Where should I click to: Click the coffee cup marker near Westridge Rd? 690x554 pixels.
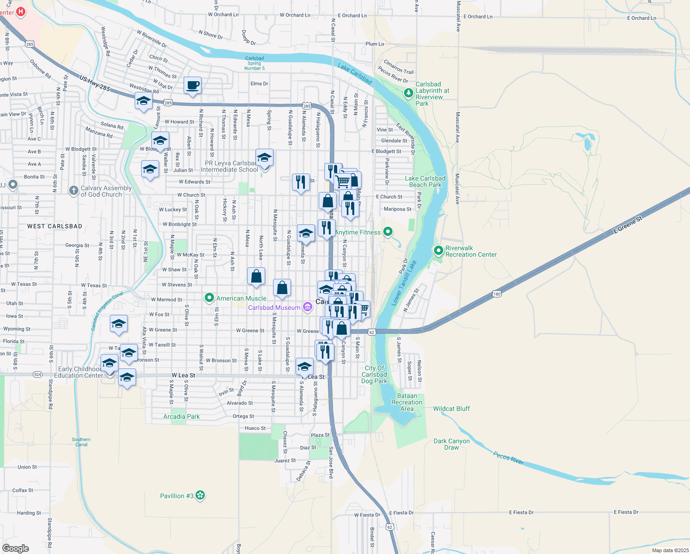tap(192, 85)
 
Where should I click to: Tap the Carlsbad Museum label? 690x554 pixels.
tap(274, 307)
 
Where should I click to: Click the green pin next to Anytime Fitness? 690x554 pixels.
tap(388, 232)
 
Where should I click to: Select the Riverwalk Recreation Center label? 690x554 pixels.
tap(471, 251)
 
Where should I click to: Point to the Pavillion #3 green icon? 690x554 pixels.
tap(200, 496)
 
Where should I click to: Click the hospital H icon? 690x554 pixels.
tap(21, 12)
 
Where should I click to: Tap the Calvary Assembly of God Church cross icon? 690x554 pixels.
tap(73, 190)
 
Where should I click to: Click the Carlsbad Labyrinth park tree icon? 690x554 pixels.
tap(408, 93)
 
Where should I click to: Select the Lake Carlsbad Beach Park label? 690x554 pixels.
tap(425, 181)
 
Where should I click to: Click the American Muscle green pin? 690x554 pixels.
tap(209, 298)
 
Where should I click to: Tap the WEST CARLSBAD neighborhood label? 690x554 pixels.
tap(54, 226)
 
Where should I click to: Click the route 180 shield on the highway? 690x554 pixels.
tap(496, 294)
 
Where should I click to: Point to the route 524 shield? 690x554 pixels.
tap(38, 374)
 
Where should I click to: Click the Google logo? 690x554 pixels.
tap(16, 548)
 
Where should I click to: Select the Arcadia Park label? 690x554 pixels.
tap(181, 416)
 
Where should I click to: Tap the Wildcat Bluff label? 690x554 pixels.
tap(451, 409)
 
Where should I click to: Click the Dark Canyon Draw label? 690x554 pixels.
tap(452, 444)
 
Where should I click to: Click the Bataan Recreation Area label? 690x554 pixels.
tap(407, 402)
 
